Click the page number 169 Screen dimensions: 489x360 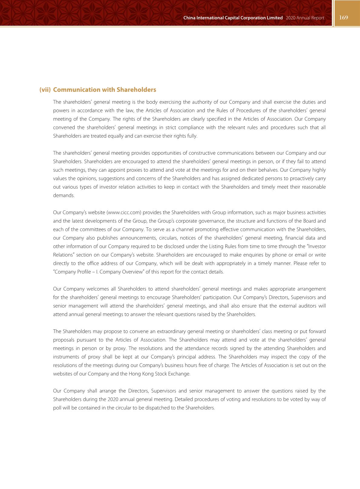tap(344, 18)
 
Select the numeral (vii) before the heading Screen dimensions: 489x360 tap(45, 90)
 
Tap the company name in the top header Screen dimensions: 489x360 tap(233, 18)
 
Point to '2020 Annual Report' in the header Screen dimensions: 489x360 tap(305, 18)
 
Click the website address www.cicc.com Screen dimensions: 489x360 tap(124, 213)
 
